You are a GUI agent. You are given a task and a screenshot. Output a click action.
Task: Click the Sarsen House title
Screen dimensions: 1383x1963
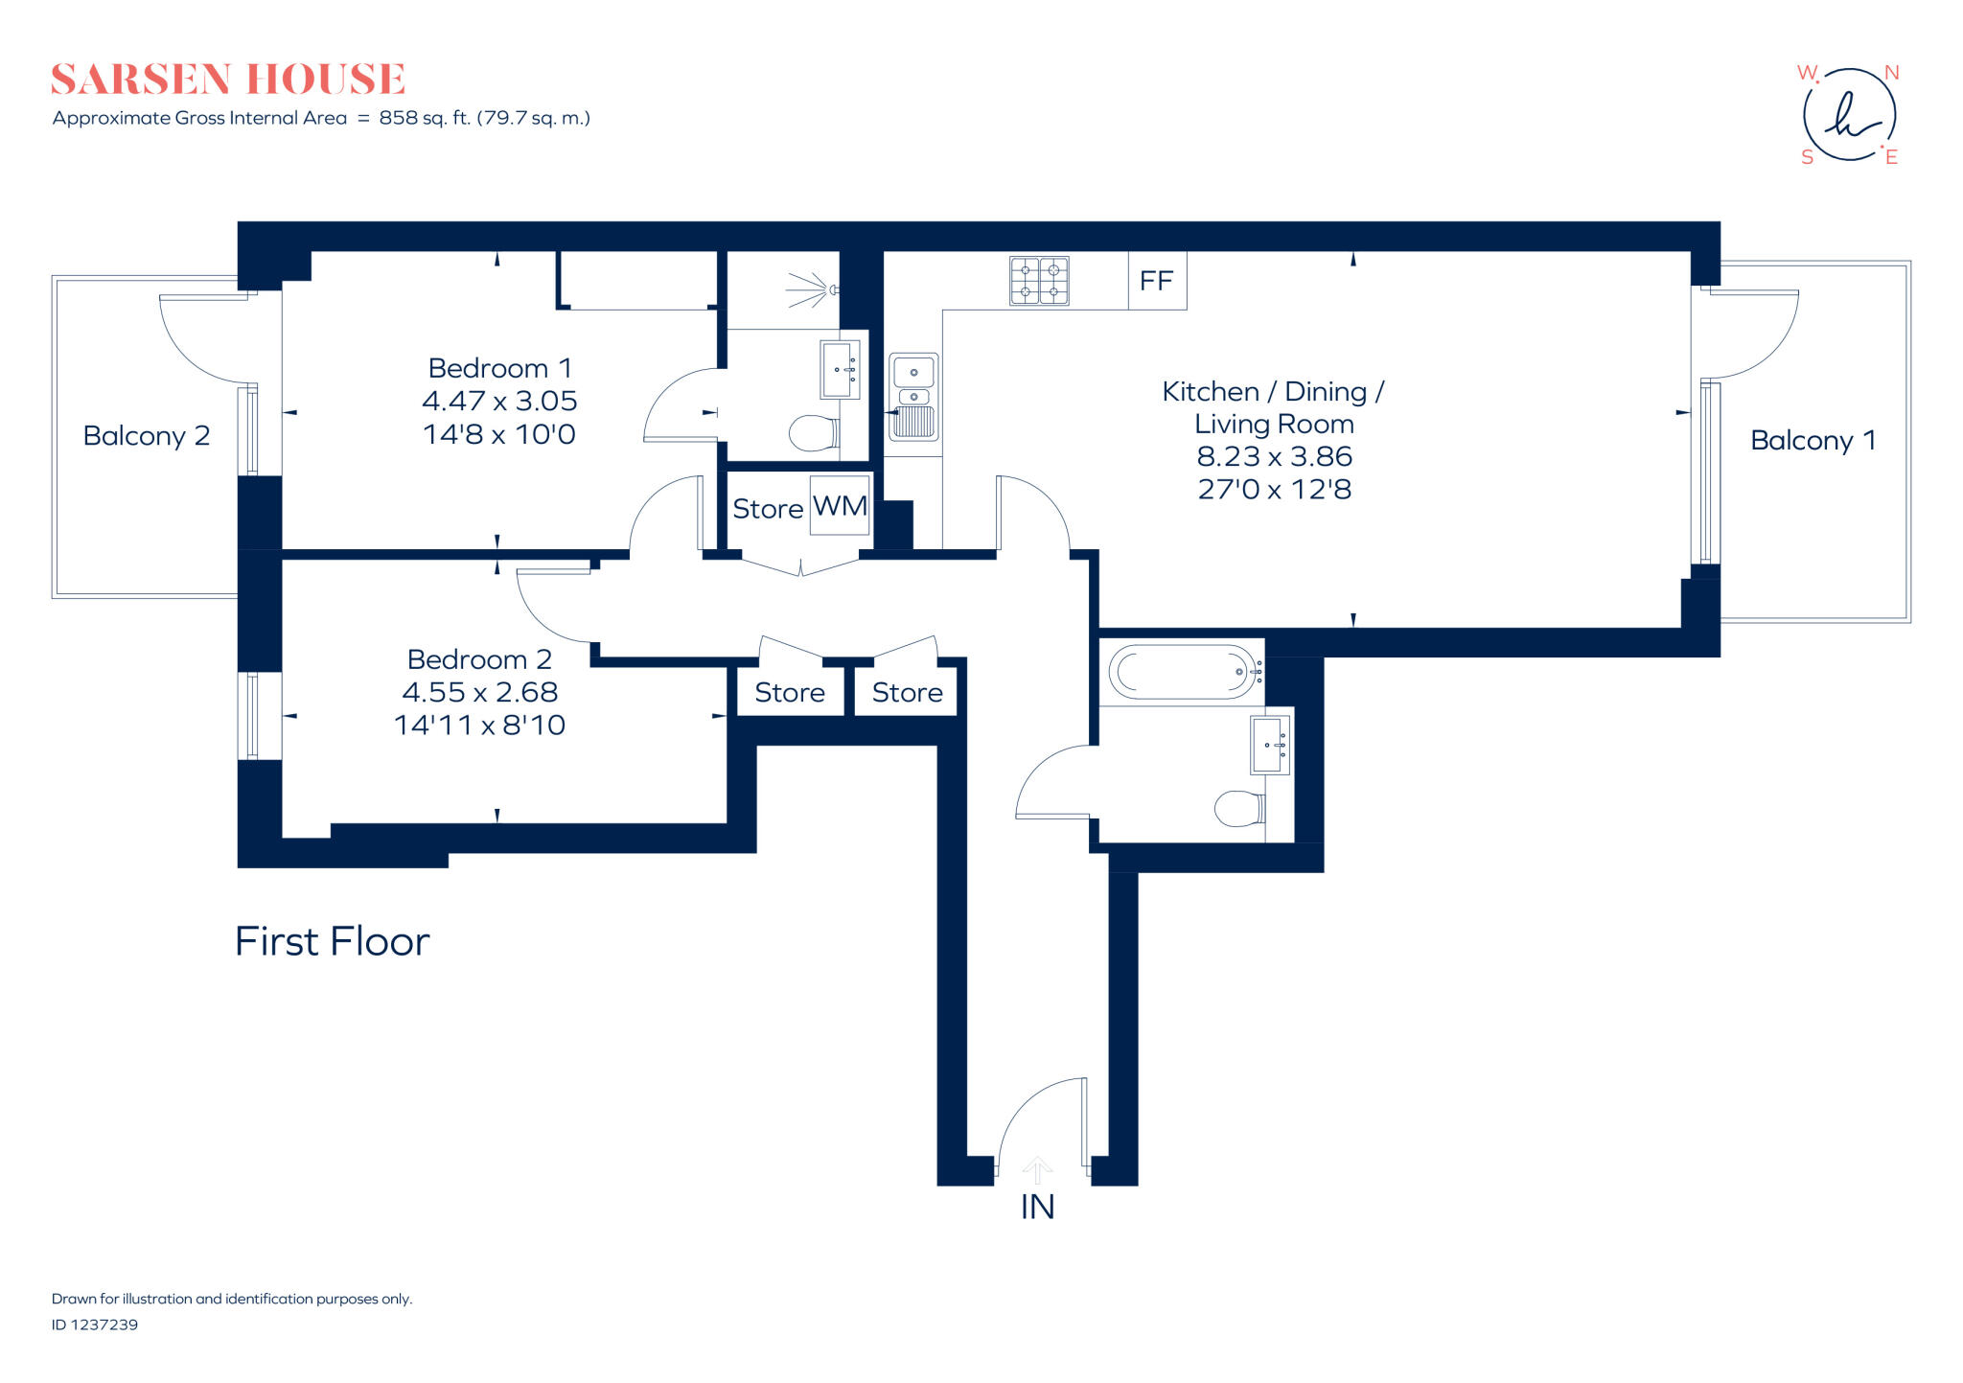tap(228, 79)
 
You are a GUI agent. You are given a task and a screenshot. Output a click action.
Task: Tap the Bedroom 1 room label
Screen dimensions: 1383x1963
tap(499, 368)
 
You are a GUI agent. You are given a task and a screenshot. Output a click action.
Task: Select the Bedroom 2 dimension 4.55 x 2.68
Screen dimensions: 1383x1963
tap(479, 692)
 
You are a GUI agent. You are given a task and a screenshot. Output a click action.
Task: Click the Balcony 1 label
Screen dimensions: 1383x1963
tap(1813, 440)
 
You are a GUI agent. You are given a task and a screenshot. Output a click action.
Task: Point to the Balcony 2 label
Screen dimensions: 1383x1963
tap(146, 436)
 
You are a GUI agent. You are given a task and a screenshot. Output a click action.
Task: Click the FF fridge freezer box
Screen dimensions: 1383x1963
tap(1157, 281)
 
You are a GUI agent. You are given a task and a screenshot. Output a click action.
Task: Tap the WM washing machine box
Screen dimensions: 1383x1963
tap(840, 505)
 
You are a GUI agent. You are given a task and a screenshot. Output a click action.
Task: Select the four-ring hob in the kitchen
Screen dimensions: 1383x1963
tap(1039, 281)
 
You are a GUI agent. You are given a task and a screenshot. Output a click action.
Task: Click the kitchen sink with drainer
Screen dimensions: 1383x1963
tap(913, 397)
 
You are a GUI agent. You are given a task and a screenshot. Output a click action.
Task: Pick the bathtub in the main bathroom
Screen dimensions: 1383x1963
tap(1183, 671)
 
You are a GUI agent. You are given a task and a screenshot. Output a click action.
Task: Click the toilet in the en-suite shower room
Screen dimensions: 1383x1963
tap(813, 433)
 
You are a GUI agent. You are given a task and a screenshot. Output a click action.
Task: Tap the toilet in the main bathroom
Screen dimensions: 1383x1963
tap(1238, 808)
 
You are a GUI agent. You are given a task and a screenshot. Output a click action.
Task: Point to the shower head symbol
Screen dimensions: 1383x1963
tap(810, 288)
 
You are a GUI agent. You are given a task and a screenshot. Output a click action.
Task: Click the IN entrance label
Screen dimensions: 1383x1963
tap(1037, 1207)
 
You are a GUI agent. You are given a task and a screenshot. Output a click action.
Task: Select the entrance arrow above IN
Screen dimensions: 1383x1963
tap(1037, 1169)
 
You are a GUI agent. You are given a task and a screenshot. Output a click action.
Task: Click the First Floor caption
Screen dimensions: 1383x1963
tap(332, 941)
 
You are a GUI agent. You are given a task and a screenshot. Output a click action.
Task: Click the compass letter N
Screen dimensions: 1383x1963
tap(1891, 73)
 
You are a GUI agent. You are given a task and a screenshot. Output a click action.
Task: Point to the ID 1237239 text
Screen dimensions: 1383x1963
tap(95, 1325)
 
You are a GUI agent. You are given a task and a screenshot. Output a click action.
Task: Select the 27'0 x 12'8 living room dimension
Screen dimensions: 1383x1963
tap(1274, 490)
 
